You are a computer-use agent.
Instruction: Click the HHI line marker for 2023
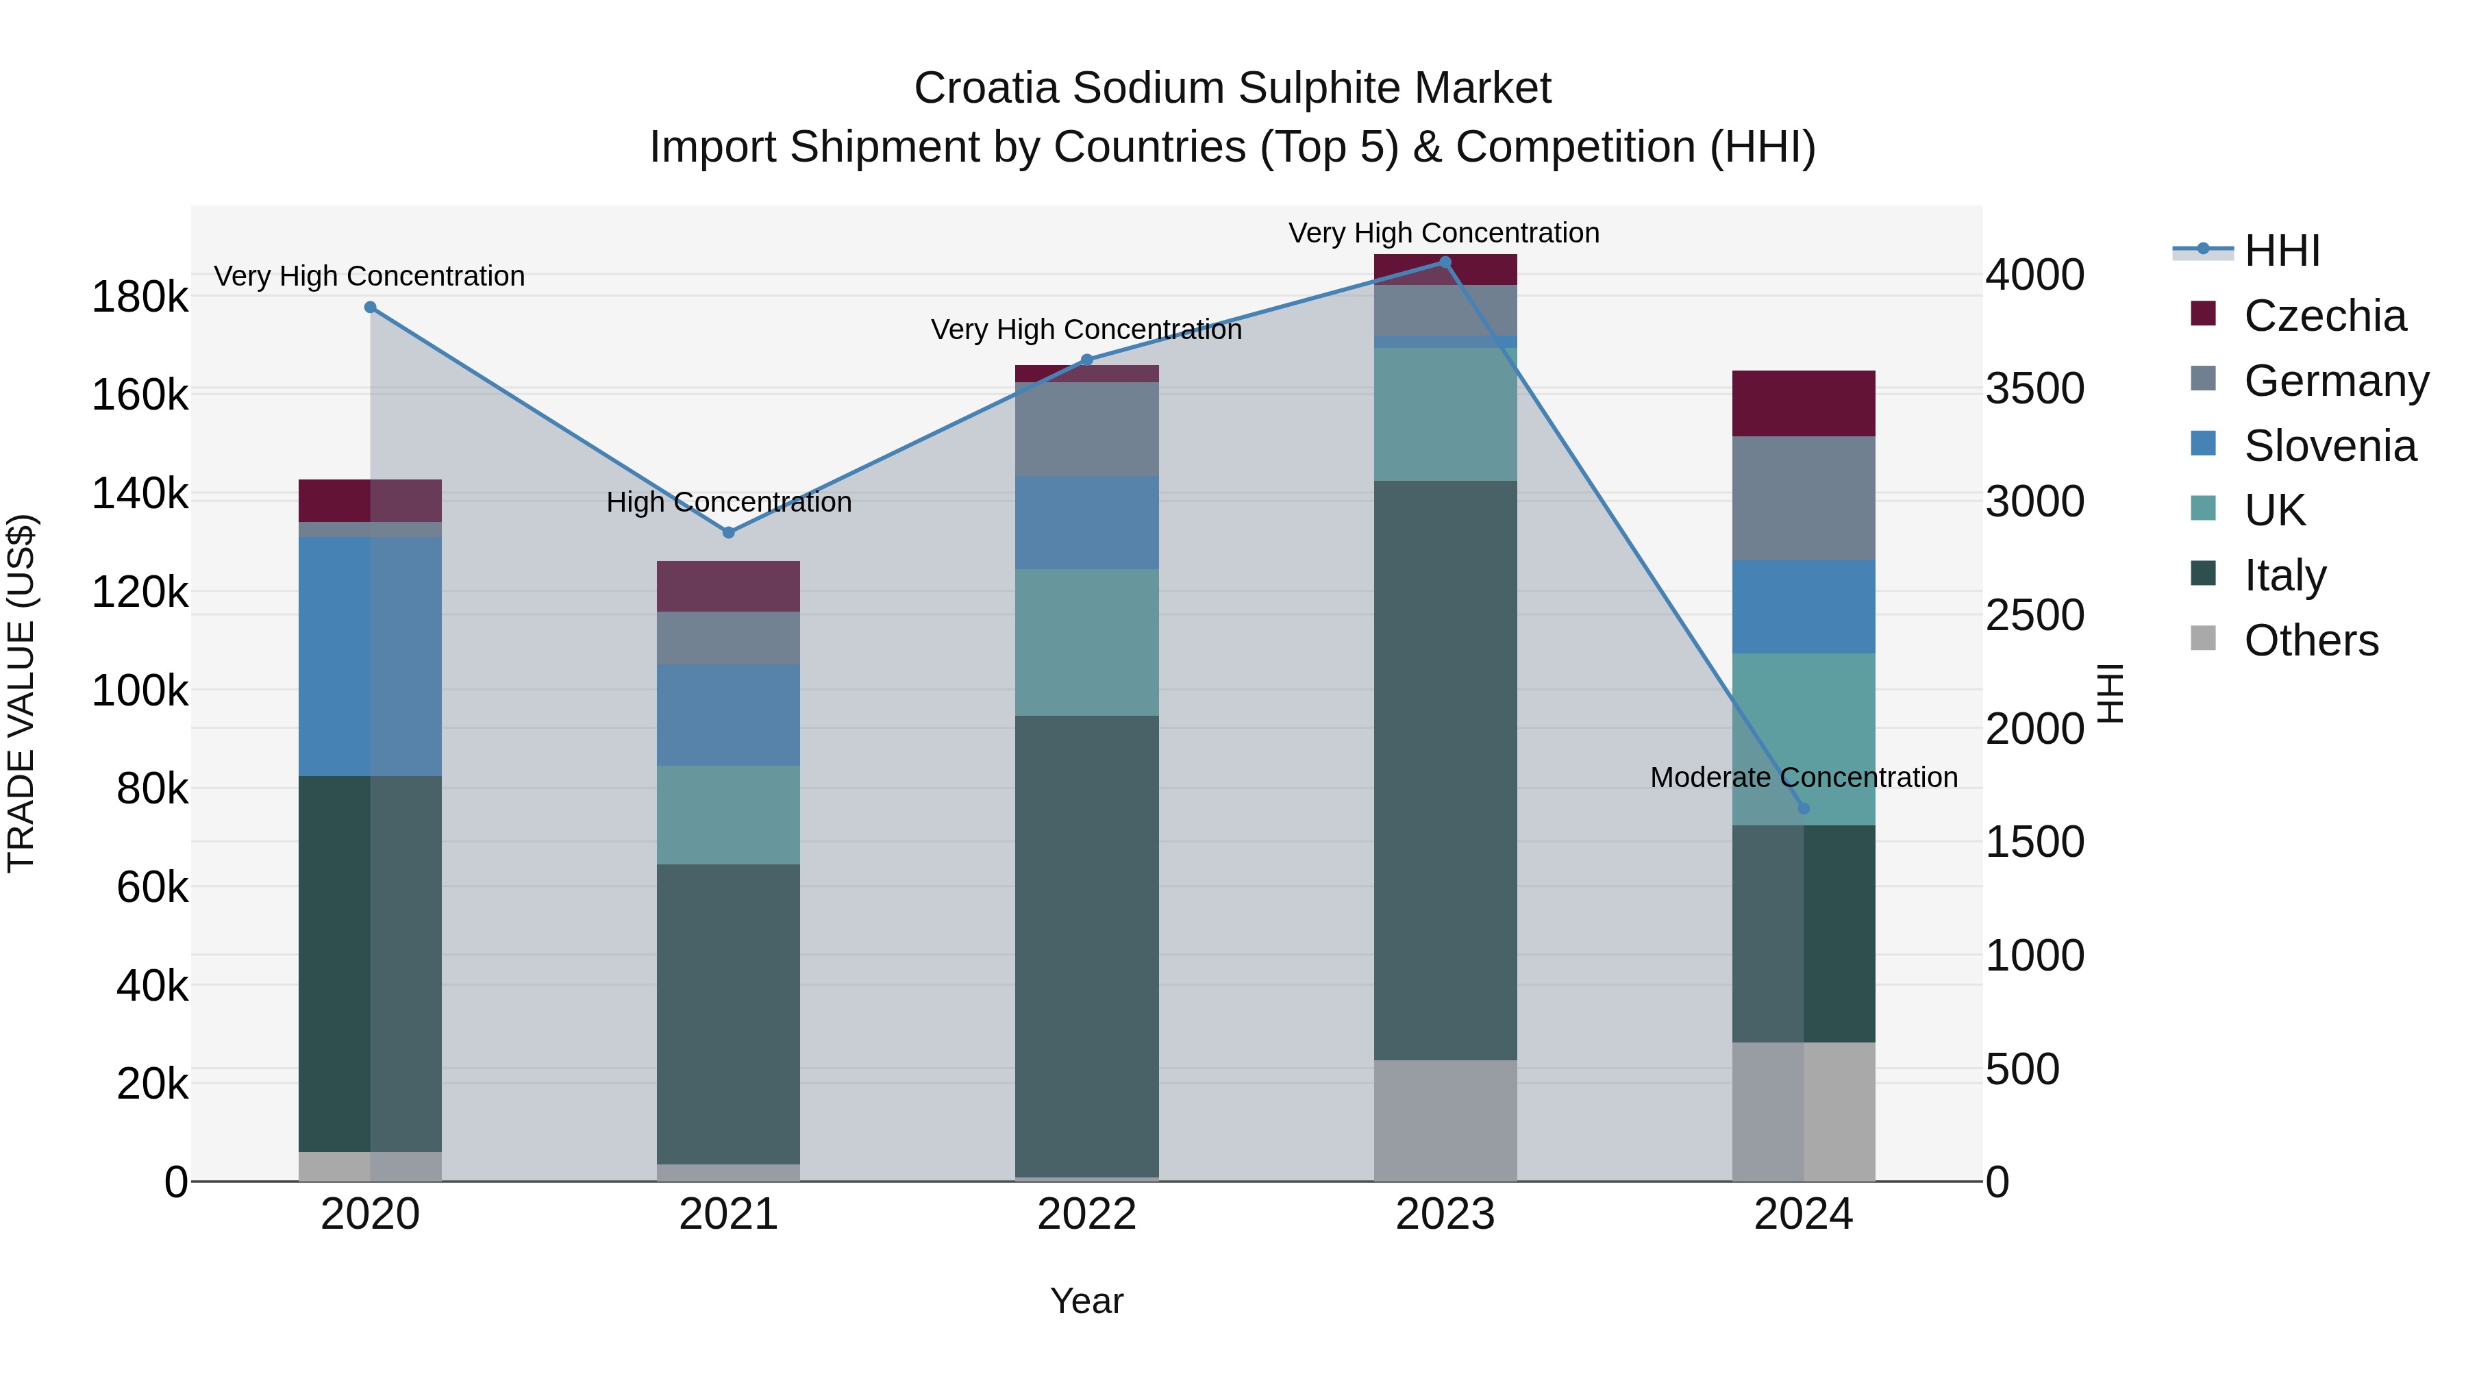1445,262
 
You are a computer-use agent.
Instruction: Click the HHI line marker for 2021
729,532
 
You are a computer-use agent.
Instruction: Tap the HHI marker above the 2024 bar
1804,809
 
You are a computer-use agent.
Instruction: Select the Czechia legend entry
2324,316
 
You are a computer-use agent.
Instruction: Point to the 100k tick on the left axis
140,690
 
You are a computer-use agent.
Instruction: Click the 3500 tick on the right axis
2035,388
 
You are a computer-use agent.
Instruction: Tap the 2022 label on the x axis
1086,1214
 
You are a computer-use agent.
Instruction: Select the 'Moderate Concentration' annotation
1804,777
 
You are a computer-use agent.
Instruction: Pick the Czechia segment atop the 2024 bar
1804,403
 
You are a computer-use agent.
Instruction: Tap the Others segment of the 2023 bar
1445,1120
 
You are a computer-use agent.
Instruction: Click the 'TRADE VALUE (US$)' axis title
22,693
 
